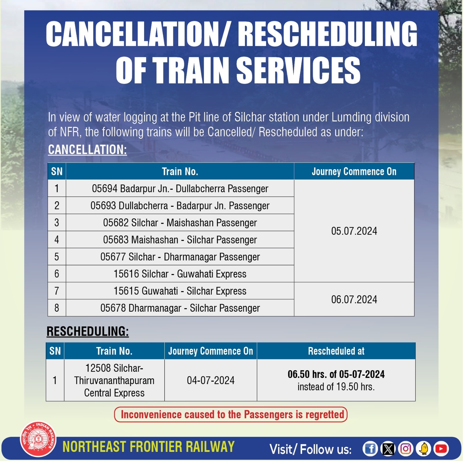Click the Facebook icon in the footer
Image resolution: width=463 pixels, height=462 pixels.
[370, 449]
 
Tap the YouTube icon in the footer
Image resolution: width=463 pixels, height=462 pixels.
[441, 449]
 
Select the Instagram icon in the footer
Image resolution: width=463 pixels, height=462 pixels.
[405, 449]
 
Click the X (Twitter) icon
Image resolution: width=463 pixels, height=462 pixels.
[388, 449]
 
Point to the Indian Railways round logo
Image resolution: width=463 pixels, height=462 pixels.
[38, 439]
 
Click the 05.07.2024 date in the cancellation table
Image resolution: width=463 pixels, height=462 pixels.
[354, 231]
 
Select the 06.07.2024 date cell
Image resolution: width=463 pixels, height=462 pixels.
[354, 299]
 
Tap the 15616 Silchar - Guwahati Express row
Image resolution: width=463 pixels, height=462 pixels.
[180, 274]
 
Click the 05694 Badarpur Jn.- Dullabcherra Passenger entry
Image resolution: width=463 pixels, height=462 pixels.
[180, 189]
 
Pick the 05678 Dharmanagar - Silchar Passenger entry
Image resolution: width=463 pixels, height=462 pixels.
[180, 308]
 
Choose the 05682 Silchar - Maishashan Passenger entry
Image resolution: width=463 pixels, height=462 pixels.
[180, 223]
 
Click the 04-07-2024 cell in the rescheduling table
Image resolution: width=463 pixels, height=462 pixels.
[210, 380]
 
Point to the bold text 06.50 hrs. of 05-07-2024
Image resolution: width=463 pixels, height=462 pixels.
[336, 374]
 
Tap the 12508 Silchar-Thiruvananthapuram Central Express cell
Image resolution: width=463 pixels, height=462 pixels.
[114, 380]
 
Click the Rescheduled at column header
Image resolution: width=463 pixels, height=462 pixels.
[336, 351]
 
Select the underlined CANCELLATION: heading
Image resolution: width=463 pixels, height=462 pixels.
[87, 150]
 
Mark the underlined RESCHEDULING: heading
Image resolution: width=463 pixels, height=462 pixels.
[88, 331]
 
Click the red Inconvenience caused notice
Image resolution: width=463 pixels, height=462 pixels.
[231, 414]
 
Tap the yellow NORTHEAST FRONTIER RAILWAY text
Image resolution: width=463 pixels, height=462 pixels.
[148, 447]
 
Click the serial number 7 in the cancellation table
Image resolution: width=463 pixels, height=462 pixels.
[57, 291]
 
